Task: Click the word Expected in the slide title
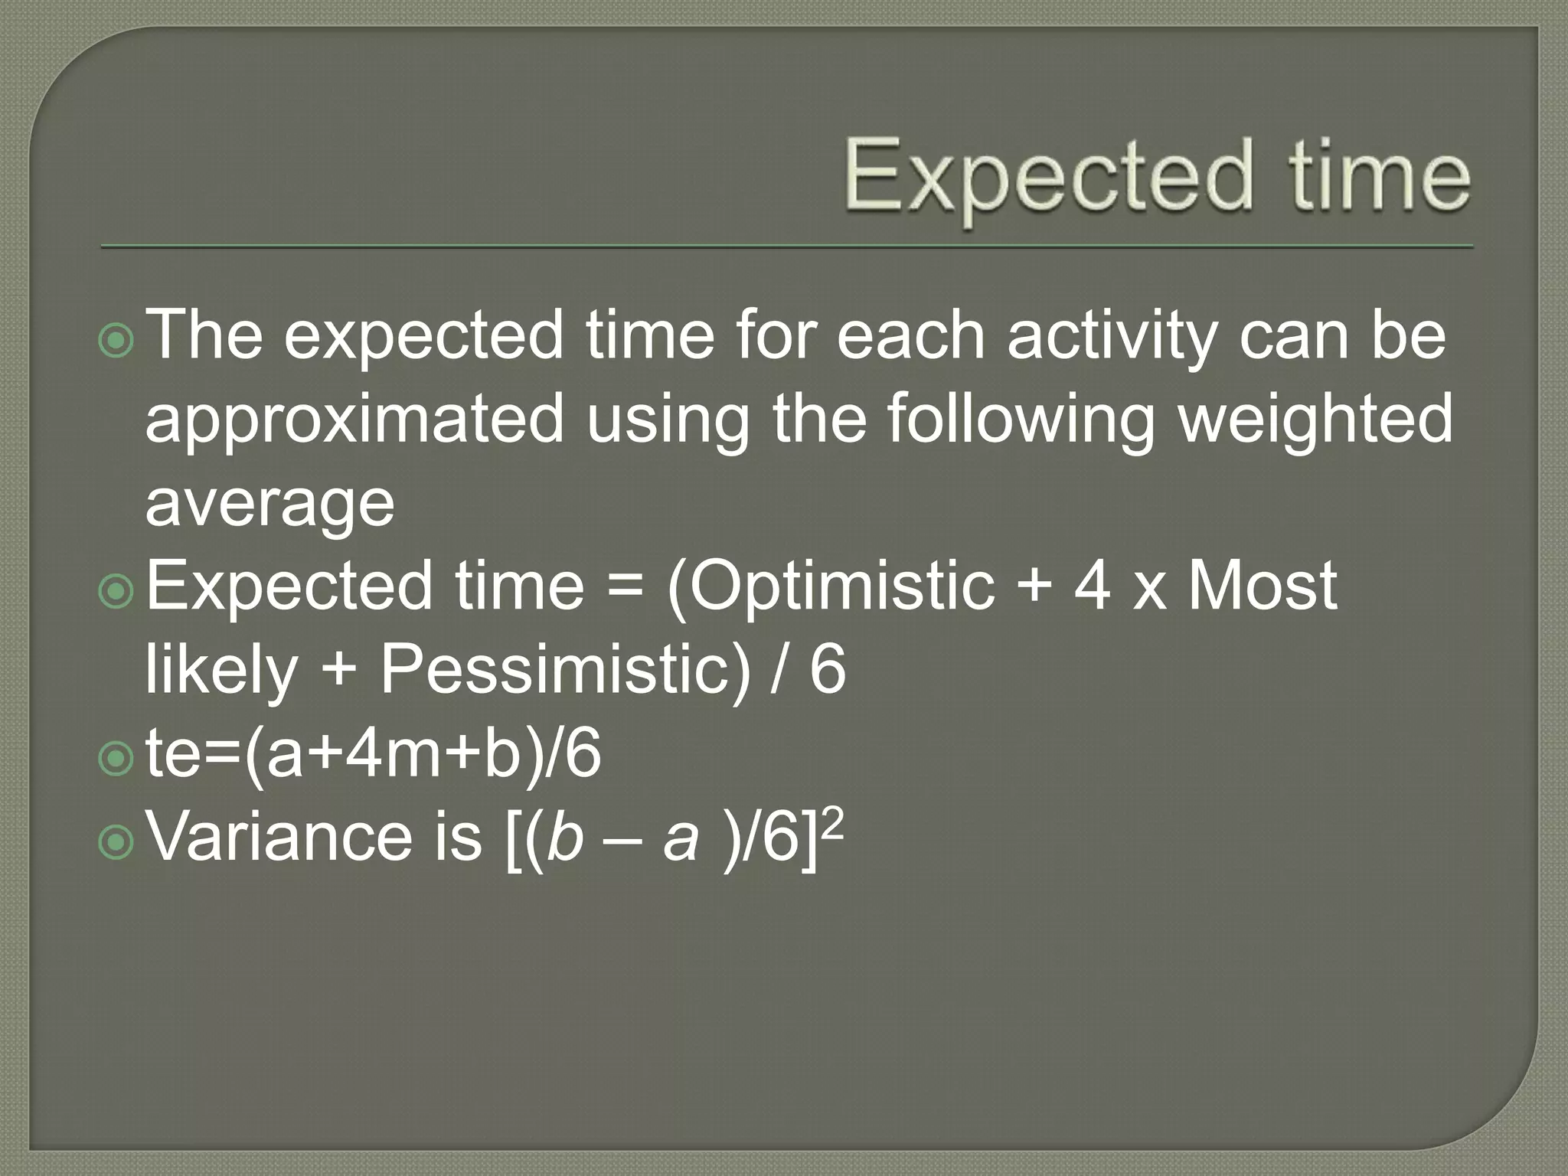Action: click(1049, 178)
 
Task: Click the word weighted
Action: click(1315, 420)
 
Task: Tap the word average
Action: click(269, 504)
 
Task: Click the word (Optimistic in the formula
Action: click(831, 587)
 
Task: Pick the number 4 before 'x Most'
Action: click(1093, 586)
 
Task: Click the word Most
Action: click(1263, 586)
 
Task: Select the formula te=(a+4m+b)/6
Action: click(373, 754)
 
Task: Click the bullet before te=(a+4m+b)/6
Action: click(116, 759)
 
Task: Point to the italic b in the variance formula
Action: click(565, 837)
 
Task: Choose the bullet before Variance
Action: click(116, 842)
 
